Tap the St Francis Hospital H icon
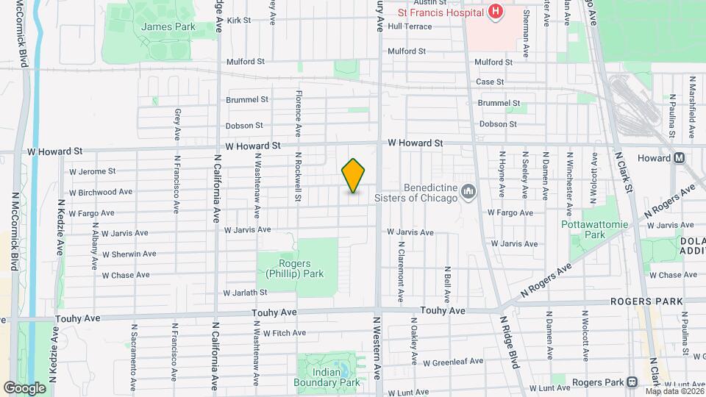[495, 12]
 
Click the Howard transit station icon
[680, 158]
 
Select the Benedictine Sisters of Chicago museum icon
[468, 193]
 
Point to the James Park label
[158, 26]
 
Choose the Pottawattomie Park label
[593, 229]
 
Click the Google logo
[24, 387]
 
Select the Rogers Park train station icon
[632, 382]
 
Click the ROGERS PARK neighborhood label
[646, 301]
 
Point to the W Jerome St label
[93, 171]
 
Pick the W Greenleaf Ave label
[453, 362]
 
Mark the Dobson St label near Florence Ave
[245, 126]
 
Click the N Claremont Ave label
[402, 272]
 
